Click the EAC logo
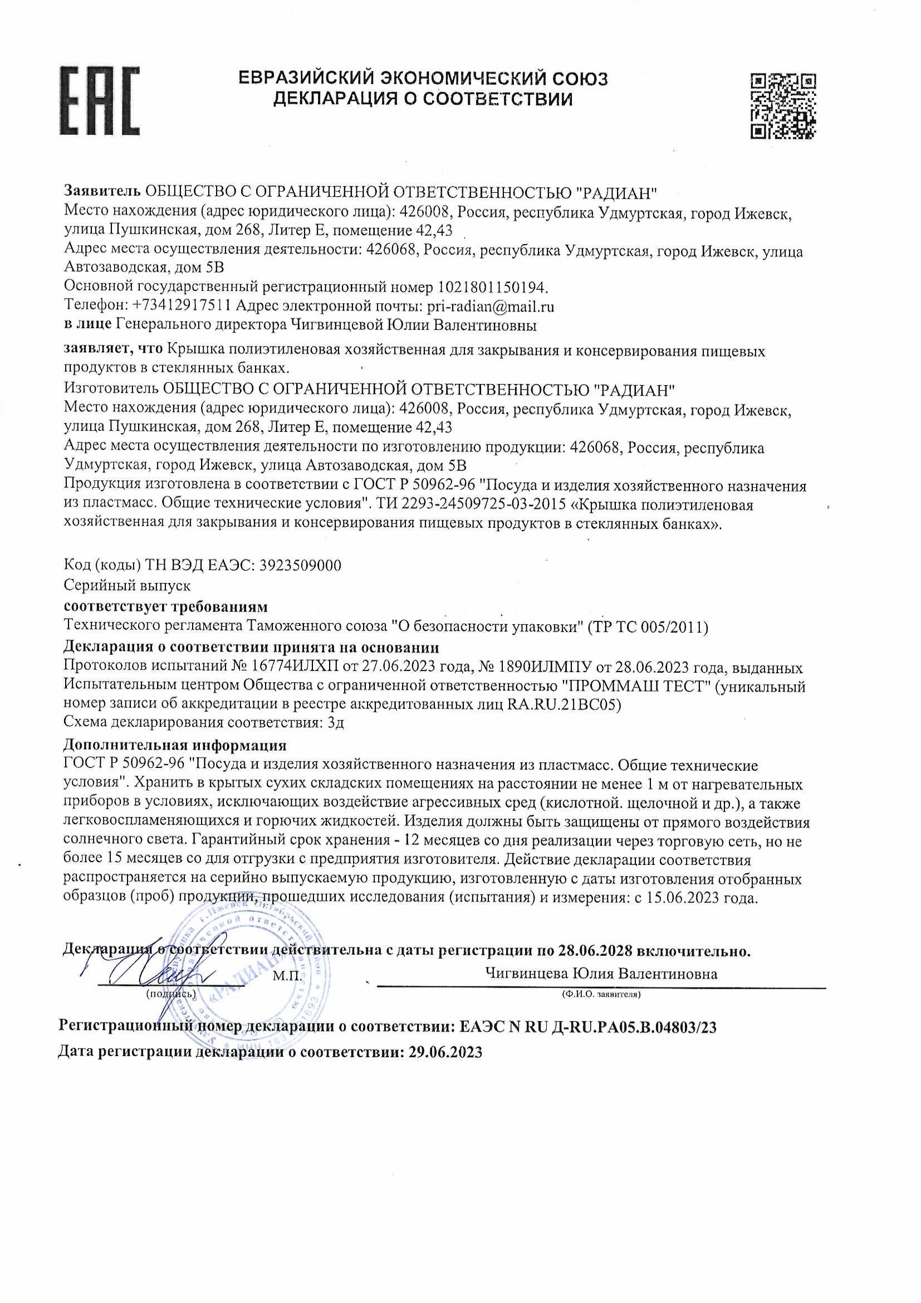(99, 101)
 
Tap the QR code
(783, 106)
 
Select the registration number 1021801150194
(491, 286)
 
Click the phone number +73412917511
(181, 306)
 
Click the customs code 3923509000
(300, 565)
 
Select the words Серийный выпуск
(127, 585)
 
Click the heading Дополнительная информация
(175, 745)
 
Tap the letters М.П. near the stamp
(287, 978)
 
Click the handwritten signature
(153, 973)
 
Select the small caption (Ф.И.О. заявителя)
(601, 995)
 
